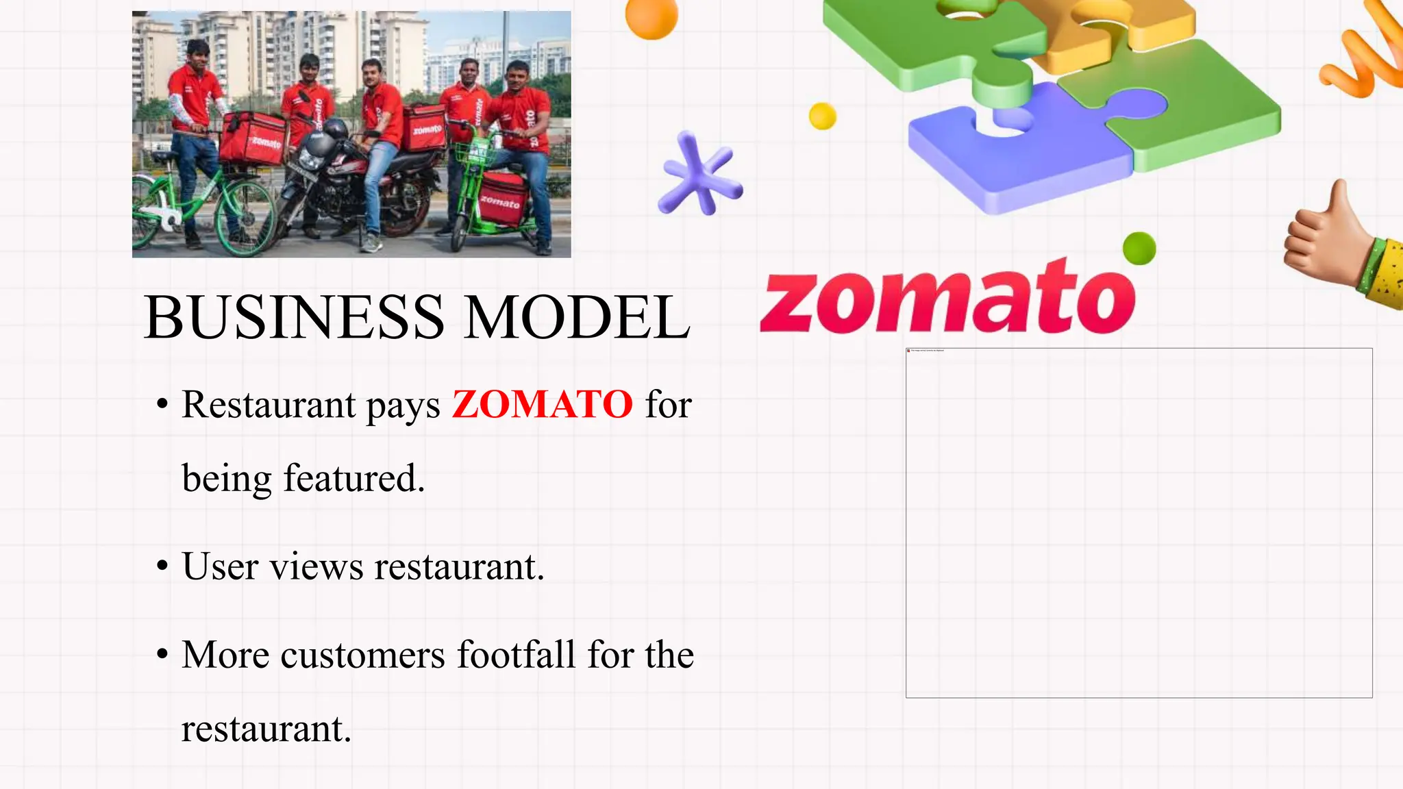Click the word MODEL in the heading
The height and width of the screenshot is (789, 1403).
point(577,317)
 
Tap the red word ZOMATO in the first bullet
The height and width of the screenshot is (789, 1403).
point(542,404)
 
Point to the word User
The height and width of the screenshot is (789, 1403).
point(220,566)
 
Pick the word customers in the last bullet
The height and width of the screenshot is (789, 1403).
point(362,655)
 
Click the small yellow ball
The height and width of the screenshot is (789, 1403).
point(822,116)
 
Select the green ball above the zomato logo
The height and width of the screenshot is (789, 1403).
point(1139,248)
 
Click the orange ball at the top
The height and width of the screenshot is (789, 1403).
point(651,16)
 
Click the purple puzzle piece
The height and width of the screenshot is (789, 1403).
point(1014,151)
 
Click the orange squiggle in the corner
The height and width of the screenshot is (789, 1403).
point(1363,55)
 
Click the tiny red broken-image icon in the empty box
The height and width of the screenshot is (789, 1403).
point(908,351)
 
